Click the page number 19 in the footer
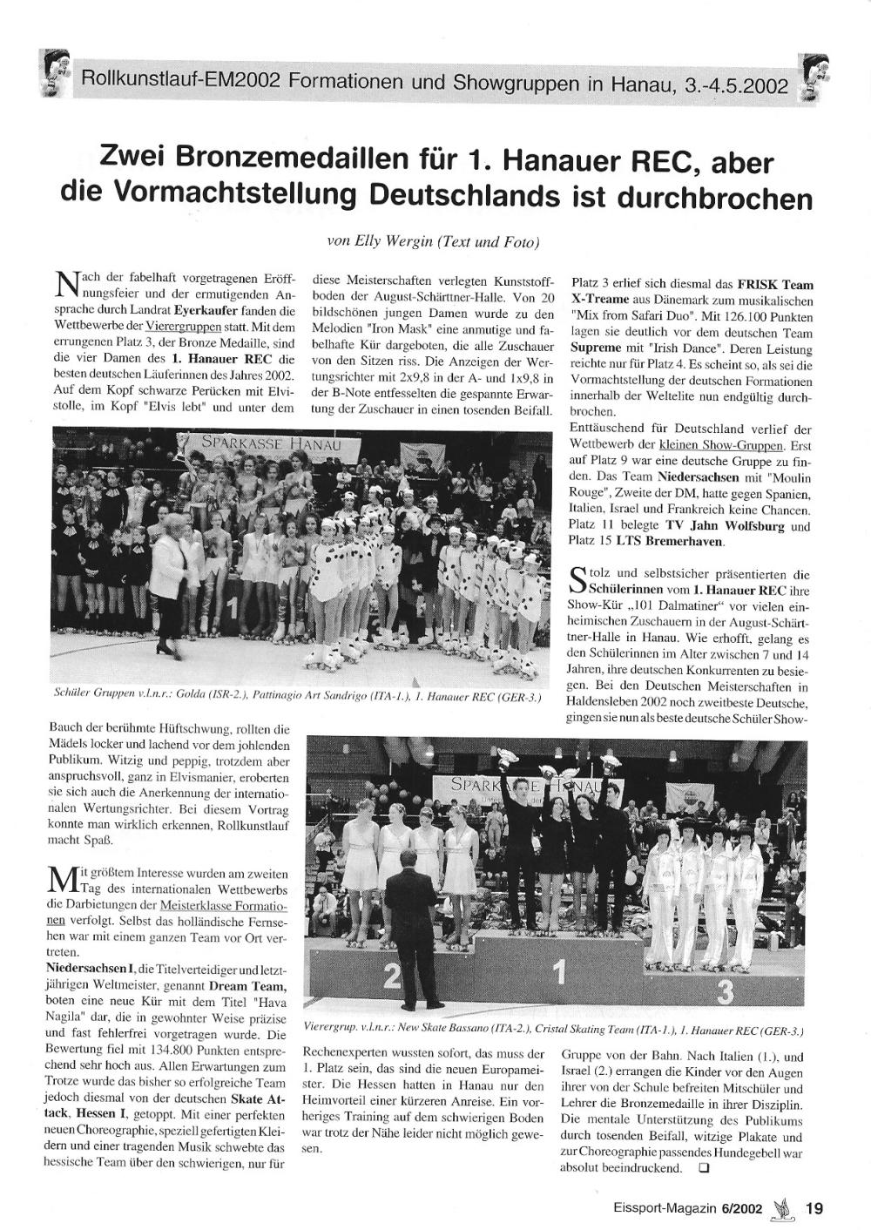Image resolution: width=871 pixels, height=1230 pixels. (814, 1208)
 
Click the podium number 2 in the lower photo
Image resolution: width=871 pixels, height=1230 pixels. (393, 978)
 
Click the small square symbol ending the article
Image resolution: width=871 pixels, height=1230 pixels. (704, 1170)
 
